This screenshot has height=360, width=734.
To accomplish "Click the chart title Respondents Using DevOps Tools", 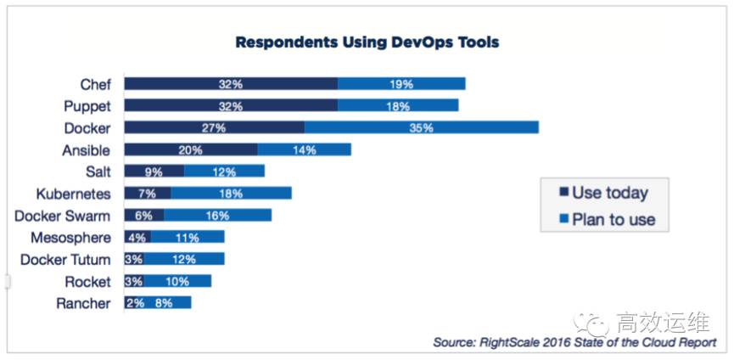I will tap(367, 41).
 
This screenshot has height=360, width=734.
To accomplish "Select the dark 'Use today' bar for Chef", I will tap(231, 84).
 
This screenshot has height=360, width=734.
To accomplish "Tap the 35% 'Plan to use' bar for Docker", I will tap(422, 128).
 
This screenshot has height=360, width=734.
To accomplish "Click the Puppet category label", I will tap(87, 106).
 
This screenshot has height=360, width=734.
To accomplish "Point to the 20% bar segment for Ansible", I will tap(191, 149).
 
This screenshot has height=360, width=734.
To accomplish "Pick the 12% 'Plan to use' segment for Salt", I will tap(224, 172).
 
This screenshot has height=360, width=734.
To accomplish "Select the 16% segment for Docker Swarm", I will tap(218, 216).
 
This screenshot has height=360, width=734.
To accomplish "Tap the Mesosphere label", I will tap(70, 238).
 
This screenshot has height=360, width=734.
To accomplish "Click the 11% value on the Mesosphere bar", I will tap(188, 238).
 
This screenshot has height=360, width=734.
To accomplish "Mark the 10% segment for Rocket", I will tap(177, 281).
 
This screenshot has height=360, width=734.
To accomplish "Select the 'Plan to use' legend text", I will tap(614, 220).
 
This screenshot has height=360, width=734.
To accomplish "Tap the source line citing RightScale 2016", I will tap(574, 342).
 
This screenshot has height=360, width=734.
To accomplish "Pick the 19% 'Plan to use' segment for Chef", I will tap(401, 84).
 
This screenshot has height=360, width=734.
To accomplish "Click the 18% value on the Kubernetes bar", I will tap(231, 194).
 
